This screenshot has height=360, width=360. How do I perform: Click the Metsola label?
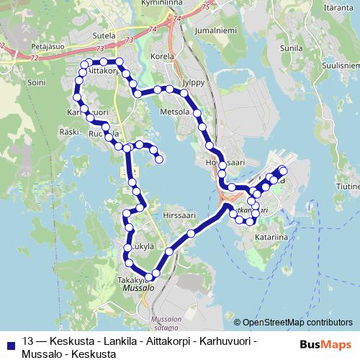tap(174, 112)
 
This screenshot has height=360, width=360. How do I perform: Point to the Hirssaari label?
tap(180, 215)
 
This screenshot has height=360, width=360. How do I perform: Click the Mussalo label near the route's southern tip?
tap(138, 287)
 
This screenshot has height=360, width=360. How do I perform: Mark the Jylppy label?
tap(194, 82)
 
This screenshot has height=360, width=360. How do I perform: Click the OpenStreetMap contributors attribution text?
tap(297, 323)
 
